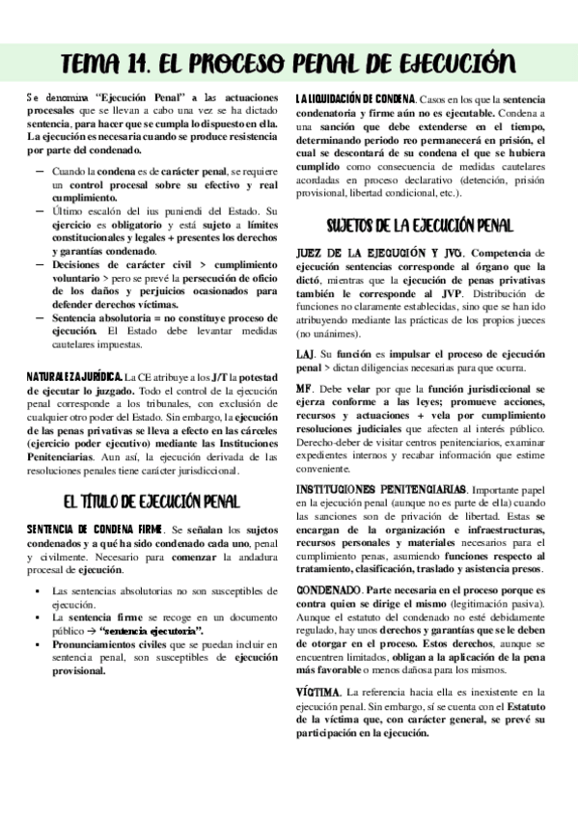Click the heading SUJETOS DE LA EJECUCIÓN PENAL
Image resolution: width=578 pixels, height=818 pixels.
point(418,227)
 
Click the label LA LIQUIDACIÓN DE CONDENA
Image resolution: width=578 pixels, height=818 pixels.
point(355,99)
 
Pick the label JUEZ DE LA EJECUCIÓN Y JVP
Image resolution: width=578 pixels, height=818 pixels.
point(358,253)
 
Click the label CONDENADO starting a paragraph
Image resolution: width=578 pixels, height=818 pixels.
point(328,589)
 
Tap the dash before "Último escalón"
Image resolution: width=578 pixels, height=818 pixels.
point(40,210)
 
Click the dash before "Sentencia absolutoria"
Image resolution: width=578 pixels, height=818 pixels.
point(40,316)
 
